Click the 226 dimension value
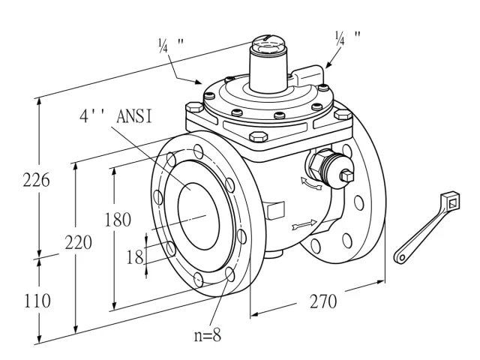36,180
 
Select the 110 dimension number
37,301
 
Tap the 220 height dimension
78,243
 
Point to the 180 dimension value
118,220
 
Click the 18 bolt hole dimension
135,256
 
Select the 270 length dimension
323,301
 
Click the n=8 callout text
208,335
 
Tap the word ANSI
134,117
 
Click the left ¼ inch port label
171,45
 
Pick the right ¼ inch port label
348,37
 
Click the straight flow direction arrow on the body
304,225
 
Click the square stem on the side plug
347,175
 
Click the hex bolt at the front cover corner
258,136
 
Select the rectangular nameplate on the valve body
276,211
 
